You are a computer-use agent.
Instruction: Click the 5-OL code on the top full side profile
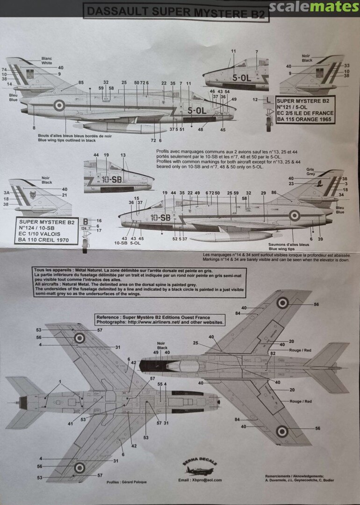[196, 111]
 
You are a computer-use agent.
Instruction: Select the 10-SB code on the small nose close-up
[112, 180]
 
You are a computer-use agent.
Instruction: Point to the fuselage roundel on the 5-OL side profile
[59, 105]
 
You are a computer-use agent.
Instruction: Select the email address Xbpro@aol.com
[200, 480]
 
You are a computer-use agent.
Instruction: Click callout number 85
[81, 82]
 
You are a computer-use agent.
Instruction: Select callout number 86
[274, 193]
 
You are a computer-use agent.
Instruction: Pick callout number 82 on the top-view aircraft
[272, 353]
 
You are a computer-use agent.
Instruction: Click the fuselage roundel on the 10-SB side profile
[294, 216]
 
